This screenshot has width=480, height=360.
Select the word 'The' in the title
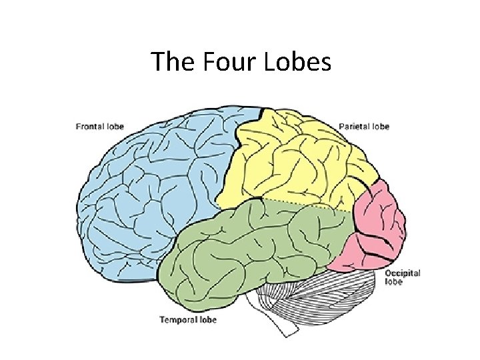pos(168,62)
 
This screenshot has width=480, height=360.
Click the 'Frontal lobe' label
pos(100,126)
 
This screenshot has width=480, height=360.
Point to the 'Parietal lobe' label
pos(364,126)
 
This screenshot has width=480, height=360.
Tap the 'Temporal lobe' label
pos(187,320)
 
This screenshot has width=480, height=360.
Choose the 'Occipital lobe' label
pos(402,277)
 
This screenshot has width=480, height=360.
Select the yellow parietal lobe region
pos(293,160)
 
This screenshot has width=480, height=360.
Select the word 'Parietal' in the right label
pos(354,126)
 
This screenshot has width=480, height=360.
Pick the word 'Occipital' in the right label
pos(402,273)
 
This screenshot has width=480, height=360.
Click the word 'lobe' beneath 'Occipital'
pos(393,281)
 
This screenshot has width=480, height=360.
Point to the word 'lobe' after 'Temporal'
pos(208,320)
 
